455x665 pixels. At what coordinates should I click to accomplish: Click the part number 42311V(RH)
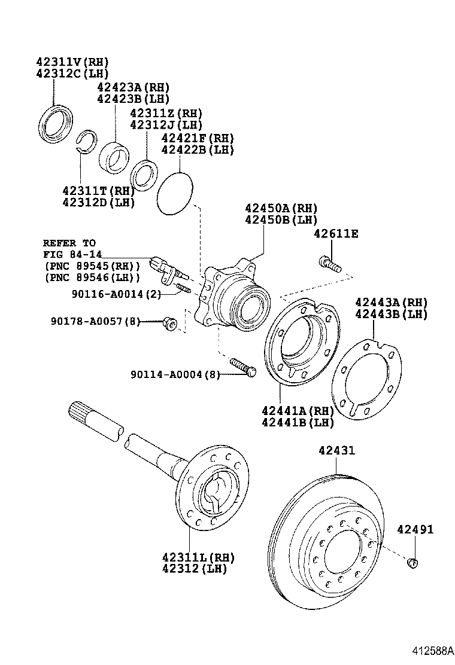(x=73, y=62)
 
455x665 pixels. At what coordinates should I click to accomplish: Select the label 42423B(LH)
(x=133, y=99)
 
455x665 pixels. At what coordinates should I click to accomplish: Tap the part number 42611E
(x=335, y=234)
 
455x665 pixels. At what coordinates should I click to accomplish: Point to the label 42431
(x=335, y=450)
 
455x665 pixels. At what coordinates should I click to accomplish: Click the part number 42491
(x=414, y=530)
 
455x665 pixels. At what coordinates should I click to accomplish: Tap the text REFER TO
(x=69, y=243)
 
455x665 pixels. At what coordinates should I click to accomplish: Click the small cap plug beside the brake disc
(x=412, y=562)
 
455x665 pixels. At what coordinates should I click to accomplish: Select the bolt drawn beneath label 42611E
(x=330, y=264)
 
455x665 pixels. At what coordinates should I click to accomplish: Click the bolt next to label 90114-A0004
(x=242, y=367)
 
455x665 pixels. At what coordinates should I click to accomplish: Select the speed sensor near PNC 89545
(x=168, y=269)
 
